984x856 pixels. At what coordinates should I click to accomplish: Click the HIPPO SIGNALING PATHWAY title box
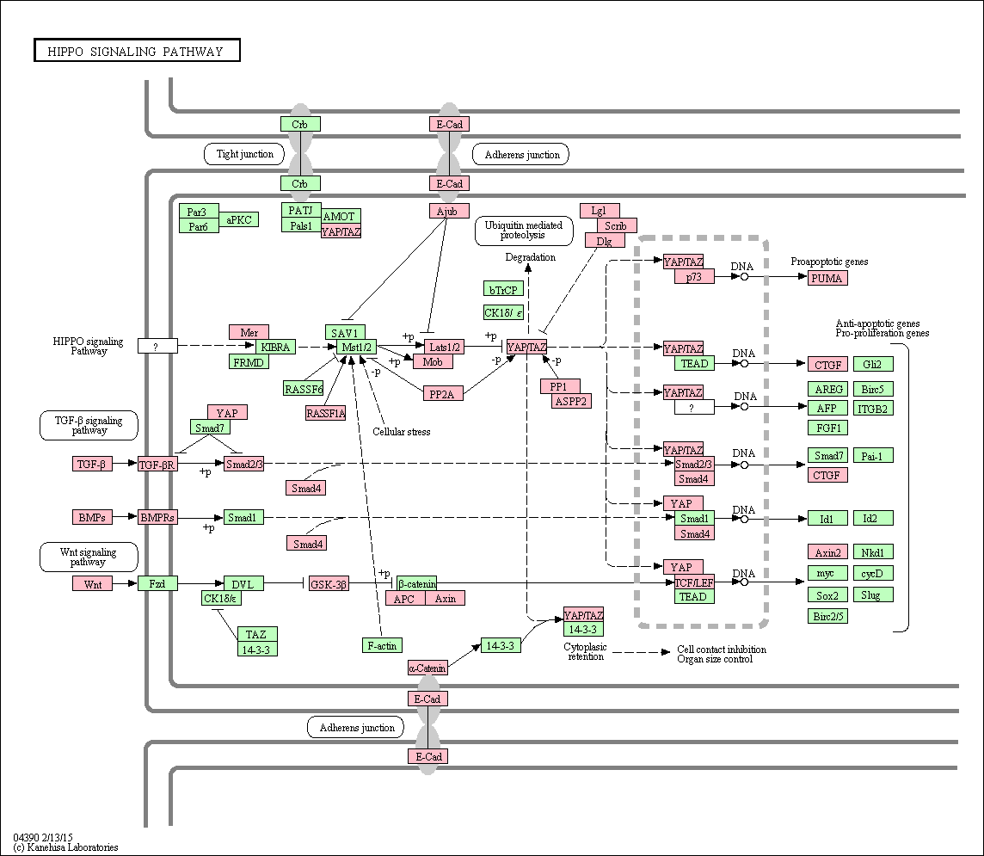pos(137,51)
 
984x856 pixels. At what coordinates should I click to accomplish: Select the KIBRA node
pos(275,347)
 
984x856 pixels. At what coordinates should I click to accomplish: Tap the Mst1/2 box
pos(356,347)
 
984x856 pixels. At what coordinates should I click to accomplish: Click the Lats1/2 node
pos(445,347)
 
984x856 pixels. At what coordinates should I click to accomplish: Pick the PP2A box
pos(442,394)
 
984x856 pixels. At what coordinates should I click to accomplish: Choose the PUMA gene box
pos(827,278)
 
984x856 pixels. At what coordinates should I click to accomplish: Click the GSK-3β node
pos(329,584)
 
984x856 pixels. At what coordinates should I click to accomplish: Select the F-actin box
pos(382,645)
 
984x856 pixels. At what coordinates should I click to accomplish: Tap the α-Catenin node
pos(427,668)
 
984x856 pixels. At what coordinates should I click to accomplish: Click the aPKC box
pos(238,219)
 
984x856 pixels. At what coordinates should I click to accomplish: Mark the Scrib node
pos(616,225)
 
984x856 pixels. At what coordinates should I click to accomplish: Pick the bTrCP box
pos(503,289)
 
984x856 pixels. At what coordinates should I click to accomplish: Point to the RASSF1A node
pos(326,413)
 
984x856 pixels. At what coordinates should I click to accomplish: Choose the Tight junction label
pos(244,154)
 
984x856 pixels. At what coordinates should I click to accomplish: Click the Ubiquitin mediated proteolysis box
pos(524,231)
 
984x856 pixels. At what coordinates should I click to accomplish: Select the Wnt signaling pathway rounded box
pos(89,557)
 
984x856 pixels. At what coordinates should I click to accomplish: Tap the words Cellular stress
pos(402,432)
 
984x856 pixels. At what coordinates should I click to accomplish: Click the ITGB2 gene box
pos(873,409)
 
